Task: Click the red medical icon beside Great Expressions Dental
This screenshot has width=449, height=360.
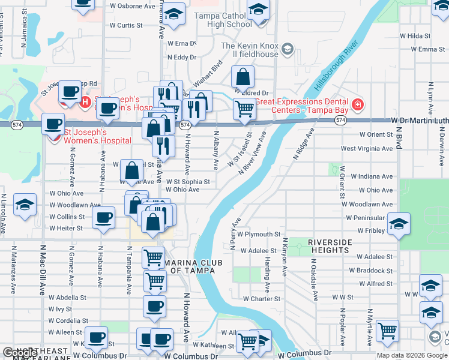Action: tap(358, 105)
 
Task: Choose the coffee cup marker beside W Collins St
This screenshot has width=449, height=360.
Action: tap(104, 217)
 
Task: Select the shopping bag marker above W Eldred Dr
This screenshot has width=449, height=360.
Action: tap(243, 77)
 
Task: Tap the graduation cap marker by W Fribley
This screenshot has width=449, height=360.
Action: tap(399, 224)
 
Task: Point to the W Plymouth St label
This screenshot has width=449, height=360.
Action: tap(259, 234)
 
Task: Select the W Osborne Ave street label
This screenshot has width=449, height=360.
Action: tap(133, 6)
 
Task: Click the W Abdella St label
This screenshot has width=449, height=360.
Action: tap(68, 297)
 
